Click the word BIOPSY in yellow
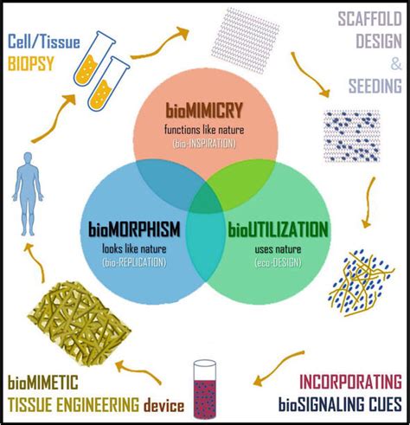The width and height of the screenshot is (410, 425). coord(31,63)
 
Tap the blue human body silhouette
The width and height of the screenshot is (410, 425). coord(28,194)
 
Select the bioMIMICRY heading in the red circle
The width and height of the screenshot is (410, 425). coord(204,111)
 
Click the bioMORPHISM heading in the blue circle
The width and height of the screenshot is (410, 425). coord(134,229)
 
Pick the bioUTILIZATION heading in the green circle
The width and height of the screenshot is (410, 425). coord(278,230)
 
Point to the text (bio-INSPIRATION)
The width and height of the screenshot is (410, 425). coord(204,144)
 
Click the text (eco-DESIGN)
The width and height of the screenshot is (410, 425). coord(278,262)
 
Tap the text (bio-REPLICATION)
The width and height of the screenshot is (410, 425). coord(134,262)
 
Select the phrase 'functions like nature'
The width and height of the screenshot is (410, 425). coord(204,130)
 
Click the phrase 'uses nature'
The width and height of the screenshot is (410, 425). coord(278,249)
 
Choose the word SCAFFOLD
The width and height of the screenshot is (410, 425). coord(370,19)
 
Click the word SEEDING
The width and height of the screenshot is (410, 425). coord(375,86)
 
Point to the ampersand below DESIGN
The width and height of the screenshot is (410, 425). coord(396,64)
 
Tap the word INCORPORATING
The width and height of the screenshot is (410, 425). coord(350,382)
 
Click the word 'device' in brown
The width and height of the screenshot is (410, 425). coord(163,405)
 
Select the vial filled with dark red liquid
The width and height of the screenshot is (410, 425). coord(205,390)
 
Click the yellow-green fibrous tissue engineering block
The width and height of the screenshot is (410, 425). coord(80,323)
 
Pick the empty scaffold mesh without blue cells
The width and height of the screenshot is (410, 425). coord(246,41)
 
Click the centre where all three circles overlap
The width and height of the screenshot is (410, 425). coord(205,199)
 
